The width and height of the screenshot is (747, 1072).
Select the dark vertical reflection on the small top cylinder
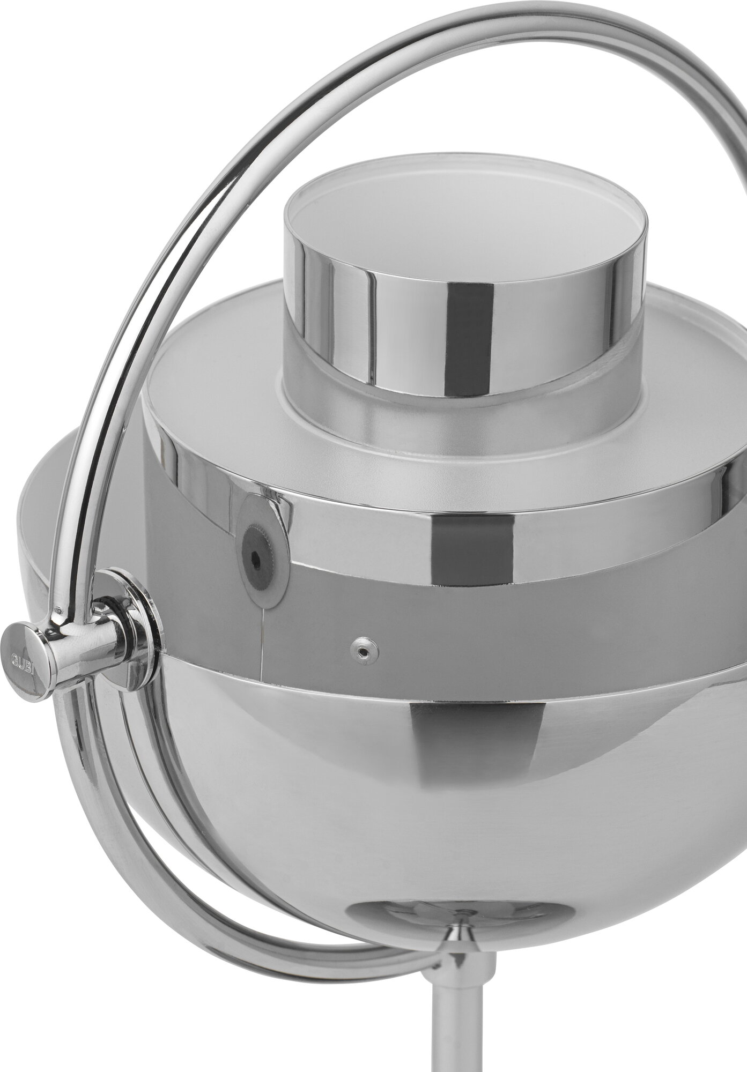[x=462, y=322]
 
